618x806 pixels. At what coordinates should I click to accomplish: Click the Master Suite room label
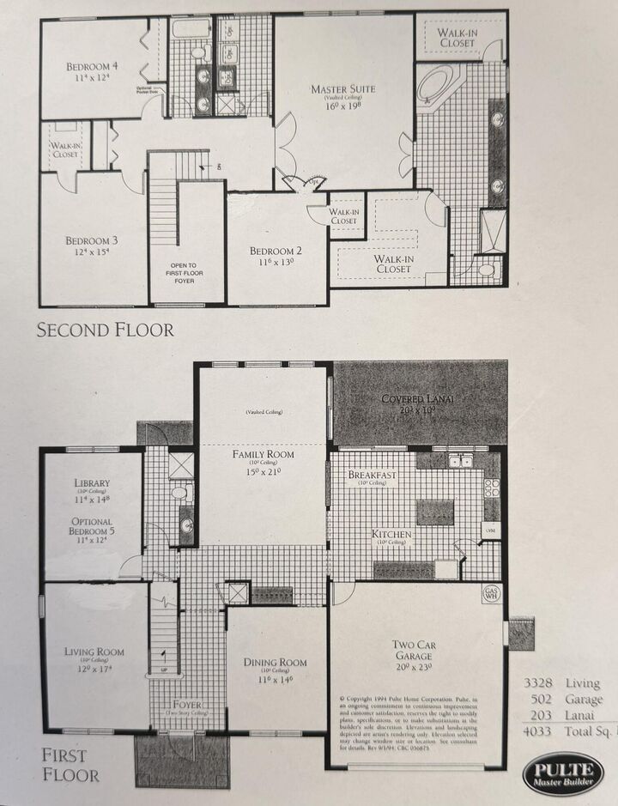(342, 89)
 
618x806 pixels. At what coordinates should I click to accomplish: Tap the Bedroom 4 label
(93, 67)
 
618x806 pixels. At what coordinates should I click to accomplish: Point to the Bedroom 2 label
(276, 251)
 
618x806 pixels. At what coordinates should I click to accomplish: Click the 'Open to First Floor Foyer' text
(186, 276)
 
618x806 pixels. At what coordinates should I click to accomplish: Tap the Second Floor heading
(106, 330)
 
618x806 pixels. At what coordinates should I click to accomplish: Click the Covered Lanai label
(420, 400)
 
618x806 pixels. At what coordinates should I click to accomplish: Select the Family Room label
(263, 454)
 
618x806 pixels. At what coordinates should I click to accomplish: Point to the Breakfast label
(373, 475)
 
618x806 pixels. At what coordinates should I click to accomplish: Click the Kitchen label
(391, 534)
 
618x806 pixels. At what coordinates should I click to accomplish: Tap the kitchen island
(435, 512)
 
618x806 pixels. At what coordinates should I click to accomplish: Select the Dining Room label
(276, 662)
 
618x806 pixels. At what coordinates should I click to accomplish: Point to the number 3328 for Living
(542, 683)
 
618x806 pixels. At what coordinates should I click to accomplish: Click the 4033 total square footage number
(542, 732)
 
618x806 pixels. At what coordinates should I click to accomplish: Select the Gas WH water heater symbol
(491, 593)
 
